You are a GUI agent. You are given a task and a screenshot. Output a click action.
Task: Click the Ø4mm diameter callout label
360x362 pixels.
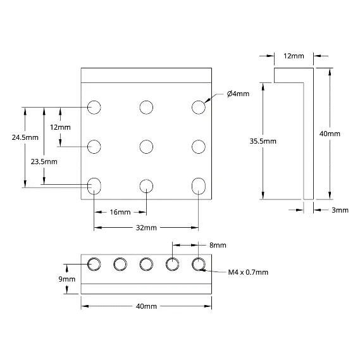238,94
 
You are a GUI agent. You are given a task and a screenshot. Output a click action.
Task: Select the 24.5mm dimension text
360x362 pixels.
25,137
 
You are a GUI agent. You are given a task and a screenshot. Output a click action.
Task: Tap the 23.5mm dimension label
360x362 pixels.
44,161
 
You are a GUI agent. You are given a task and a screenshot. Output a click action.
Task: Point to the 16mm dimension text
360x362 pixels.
120,212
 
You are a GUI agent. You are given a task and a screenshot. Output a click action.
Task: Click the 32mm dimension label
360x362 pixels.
146,228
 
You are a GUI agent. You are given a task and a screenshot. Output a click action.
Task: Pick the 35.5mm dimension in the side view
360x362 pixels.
263,141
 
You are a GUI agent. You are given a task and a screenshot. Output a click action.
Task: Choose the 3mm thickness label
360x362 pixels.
340,210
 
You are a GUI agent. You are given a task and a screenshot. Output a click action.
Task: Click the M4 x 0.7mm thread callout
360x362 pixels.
248,272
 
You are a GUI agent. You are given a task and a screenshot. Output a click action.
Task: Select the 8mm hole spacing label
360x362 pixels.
218,245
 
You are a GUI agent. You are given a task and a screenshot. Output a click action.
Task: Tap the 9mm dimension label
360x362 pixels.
67,279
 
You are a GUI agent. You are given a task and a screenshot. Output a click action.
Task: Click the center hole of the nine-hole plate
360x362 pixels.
146,147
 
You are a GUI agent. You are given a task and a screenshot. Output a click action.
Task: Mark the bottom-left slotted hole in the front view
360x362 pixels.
94,186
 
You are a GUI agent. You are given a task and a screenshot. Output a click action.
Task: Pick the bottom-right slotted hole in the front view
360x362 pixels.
199,186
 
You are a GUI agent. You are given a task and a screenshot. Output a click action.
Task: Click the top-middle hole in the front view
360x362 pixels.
146,108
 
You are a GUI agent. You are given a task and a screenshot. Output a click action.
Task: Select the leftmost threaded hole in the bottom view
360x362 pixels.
94,264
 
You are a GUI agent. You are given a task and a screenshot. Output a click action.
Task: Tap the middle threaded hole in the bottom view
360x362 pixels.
146,264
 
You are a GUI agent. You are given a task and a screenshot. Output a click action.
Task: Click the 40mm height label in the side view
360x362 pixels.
330,134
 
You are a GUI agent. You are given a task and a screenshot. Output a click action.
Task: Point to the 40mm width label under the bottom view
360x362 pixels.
146,306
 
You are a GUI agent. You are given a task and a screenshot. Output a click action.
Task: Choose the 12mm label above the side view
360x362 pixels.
294,56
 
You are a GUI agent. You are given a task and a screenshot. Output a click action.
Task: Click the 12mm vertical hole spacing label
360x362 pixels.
60,127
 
